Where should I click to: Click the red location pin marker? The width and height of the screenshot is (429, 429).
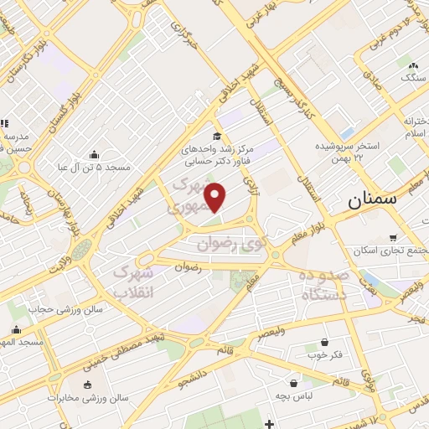pos(216,196)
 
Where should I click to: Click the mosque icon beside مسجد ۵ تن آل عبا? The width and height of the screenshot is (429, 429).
pos(93,154)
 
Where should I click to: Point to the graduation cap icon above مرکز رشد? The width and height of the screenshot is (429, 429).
pos(217,137)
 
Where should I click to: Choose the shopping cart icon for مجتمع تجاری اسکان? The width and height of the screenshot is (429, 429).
pos(394,238)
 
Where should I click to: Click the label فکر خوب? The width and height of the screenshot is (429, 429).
pos(325,355)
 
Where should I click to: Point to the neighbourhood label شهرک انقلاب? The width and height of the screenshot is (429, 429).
pos(132,282)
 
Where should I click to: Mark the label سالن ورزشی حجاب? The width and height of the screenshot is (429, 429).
pos(66,308)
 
